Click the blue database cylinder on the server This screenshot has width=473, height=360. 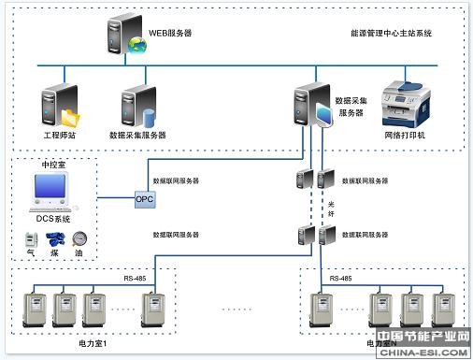pos(149,117)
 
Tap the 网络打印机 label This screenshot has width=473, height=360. pos(404,136)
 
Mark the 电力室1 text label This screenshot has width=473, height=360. pos(93,344)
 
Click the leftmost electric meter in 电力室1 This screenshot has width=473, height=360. pos(35,310)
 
